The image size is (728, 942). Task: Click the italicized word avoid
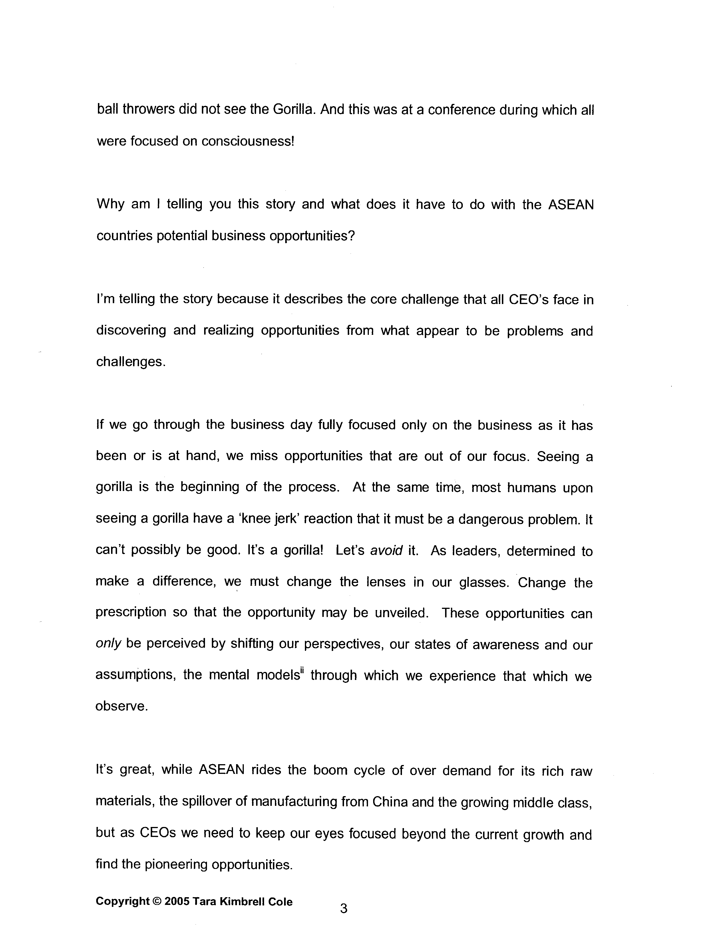click(387, 551)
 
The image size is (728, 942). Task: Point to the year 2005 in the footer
click(177, 902)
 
